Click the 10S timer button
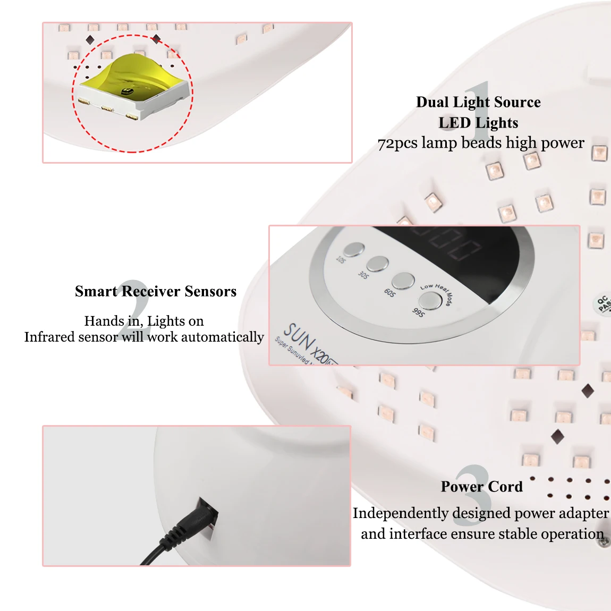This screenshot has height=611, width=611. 353,249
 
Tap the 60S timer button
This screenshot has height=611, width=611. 403,281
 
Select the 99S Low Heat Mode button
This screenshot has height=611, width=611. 430,301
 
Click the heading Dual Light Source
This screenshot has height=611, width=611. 478,102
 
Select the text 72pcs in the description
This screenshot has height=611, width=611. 397,143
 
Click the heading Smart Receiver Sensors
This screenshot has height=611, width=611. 156,291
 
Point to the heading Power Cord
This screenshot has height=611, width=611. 481,487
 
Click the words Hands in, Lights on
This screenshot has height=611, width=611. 144,321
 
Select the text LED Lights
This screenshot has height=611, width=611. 478,123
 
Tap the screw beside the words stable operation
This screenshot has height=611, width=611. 605,541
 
